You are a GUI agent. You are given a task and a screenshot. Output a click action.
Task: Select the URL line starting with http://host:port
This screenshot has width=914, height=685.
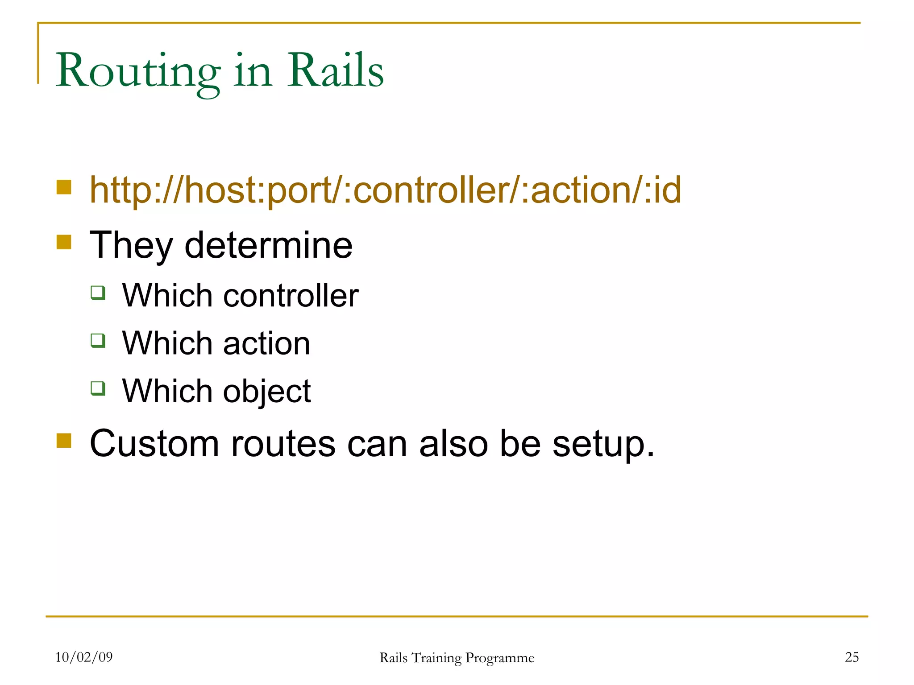tap(385, 190)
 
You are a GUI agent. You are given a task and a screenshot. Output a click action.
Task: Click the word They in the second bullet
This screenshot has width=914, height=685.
tap(131, 245)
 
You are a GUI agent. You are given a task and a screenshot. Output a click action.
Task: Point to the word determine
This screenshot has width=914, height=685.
tap(268, 245)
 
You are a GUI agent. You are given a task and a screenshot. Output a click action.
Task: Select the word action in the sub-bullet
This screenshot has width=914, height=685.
tap(266, 343)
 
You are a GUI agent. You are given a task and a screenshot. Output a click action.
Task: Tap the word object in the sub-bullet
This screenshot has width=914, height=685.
tap(266, 392)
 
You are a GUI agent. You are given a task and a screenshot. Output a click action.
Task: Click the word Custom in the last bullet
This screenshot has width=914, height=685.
tap(154, 444)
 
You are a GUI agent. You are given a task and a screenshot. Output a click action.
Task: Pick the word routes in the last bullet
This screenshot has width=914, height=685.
tap(283, 444)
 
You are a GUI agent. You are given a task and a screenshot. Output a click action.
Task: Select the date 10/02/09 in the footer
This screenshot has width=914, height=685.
tap(84, 657)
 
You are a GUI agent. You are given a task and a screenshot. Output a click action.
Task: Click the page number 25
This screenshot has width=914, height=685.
tap(852, 657)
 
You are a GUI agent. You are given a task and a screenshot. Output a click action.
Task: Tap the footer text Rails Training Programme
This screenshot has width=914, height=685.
tap(457, 658)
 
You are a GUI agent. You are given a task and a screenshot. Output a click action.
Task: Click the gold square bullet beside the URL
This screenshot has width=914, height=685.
tap(64, 187)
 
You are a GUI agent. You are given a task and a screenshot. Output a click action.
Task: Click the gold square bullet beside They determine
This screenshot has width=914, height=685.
tap(64, 242)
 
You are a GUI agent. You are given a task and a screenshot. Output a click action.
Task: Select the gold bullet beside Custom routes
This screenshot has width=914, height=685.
tap(64, 440)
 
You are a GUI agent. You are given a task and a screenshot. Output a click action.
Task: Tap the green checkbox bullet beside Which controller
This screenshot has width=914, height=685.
tap(98, 293)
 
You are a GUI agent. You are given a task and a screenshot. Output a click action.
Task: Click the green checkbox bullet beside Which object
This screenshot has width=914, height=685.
tap(98, 388)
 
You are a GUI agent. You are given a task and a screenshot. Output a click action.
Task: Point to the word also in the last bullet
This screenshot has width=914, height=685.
tap(453, 444)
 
